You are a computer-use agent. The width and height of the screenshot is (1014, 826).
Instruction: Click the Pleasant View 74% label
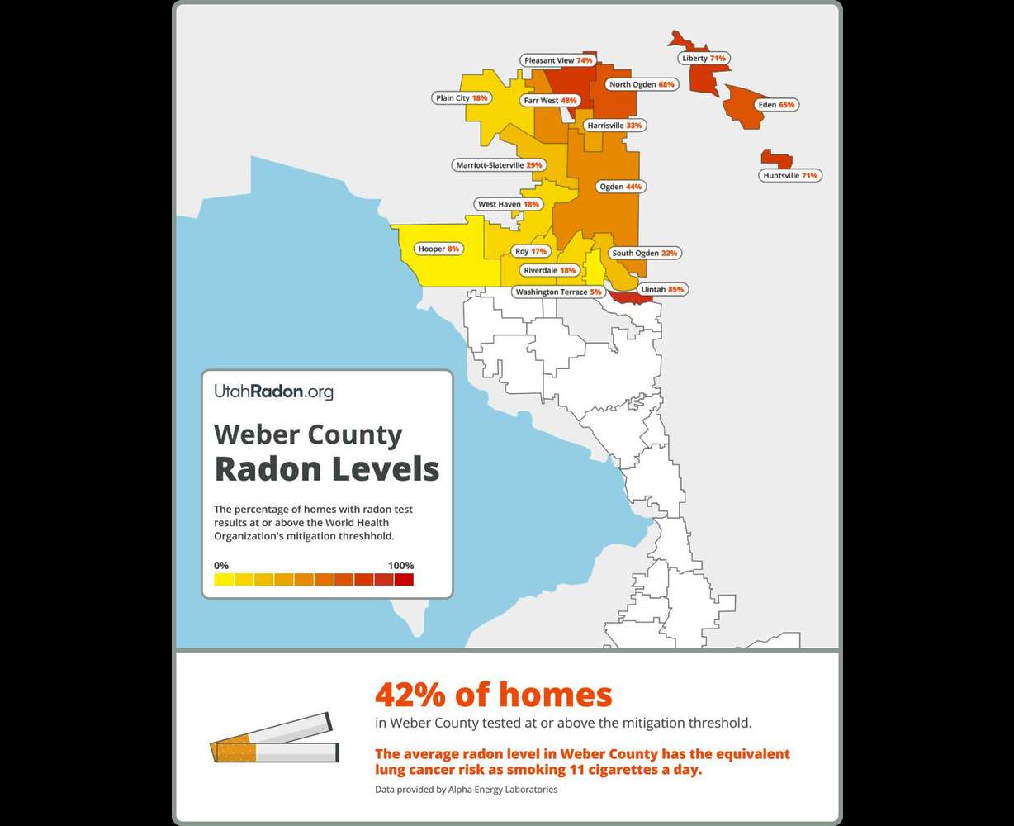click(558, 60)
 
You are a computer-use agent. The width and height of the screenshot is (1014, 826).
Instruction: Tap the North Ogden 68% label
click(642, 84)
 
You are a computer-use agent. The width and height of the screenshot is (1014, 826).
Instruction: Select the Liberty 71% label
click(704, 59)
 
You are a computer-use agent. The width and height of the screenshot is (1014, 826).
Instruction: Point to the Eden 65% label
click(775, 105)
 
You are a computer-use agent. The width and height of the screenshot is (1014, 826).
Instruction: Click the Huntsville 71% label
click(790, 175)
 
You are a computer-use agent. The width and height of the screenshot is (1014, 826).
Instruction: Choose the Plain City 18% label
click(462, 97)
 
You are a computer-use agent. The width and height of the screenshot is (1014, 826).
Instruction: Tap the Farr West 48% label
click(550, 100)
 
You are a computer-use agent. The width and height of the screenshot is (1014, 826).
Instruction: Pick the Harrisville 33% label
click(614, 126)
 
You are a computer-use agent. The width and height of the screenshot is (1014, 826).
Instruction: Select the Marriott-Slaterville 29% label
click(499, 165)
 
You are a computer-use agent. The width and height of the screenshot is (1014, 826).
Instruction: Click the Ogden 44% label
click(620, 187)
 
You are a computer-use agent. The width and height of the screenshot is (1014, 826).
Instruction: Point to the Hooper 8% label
click(438, 249)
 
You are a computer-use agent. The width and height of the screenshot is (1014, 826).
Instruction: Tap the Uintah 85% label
click(662, 290)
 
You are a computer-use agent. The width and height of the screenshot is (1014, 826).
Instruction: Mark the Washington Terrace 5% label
click(557, 292)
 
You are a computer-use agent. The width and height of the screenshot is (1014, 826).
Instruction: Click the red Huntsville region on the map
click(776, 159)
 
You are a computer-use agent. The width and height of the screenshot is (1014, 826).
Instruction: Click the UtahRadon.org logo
click(273, 392)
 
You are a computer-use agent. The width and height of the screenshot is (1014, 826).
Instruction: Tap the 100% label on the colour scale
click(400, 566)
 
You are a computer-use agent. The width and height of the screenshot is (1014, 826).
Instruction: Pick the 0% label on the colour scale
click(221, 566)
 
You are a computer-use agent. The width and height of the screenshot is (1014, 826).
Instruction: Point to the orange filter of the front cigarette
click(236, 752)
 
